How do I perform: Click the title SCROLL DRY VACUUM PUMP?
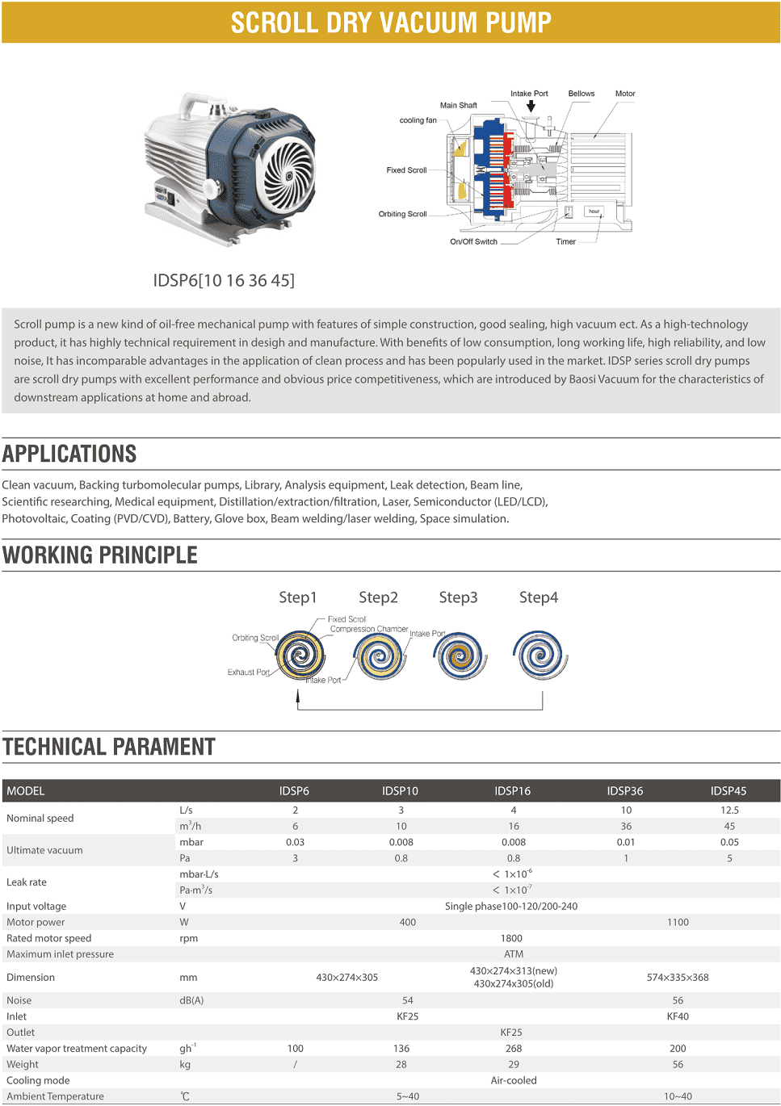coord(391,23)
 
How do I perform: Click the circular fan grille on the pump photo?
coord(288,174)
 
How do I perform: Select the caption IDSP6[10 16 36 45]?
coord(224,280)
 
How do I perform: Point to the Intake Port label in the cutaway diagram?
coord(529,94)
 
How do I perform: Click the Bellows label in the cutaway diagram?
coord(581,94)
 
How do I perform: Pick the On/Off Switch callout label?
coord(473,241)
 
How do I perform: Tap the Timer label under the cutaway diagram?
coord(565,241)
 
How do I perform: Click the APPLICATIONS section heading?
coord(69,454)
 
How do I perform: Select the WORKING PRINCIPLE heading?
coord(100,555)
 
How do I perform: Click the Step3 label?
coord(458,597)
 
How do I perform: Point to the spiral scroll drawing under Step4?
coord(540,655)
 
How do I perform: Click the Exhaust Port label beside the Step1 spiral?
coord(248,672)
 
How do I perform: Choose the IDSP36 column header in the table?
coord(625,791)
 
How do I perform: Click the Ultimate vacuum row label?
coord(44,850)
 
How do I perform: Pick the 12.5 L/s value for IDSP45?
coord(729,810)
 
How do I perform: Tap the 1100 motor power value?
coord(678,922)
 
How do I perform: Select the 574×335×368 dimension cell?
coord(678,977)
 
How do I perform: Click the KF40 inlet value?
coord(678,1016)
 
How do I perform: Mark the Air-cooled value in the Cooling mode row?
coord(514,1080)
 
